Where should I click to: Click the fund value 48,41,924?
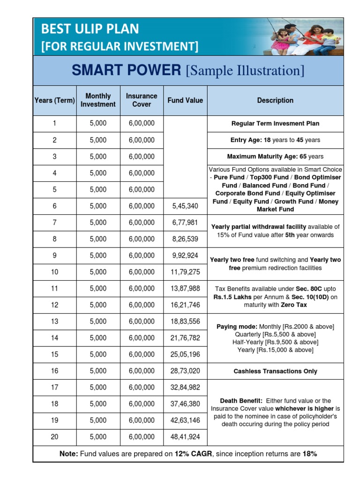[185, 436]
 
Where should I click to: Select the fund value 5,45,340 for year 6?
[185, 206]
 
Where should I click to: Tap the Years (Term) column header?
[54, 100]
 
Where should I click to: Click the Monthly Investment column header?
[98, 100]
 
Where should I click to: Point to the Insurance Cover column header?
[142, 100]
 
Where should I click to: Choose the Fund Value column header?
[185, 100]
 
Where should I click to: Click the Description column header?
[275, 100]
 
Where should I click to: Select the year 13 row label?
[54, 321]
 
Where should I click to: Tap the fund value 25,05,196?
[185, 354]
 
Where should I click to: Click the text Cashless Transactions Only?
[275, 371]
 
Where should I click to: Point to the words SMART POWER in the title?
[126, 70]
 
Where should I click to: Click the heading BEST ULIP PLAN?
[90, 29]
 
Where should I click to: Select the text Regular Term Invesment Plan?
[275, 124]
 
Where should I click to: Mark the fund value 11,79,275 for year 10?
[185, 272]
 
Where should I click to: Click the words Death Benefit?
[241, 401]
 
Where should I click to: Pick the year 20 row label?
[54, 436]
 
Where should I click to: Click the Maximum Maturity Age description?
[275, 157]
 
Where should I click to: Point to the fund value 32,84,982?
[185, 387]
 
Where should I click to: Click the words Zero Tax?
[293, 305]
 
